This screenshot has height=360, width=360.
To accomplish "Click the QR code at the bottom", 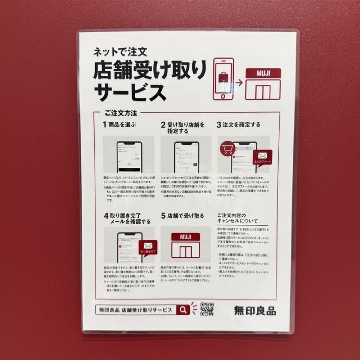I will click(207, 309).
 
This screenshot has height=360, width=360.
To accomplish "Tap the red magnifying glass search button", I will click(183, 310).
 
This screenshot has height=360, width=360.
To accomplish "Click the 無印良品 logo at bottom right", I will click(255, 310).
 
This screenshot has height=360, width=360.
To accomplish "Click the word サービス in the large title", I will click(130, 91).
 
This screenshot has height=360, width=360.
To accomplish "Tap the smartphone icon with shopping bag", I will click(223, 79).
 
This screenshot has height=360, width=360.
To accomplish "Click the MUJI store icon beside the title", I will click(263, 84).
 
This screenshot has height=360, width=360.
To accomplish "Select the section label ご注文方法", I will click(121, 113).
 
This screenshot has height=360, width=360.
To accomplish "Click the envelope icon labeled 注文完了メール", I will click(262, 156).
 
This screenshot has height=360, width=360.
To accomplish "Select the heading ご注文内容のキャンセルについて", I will click(237, 218).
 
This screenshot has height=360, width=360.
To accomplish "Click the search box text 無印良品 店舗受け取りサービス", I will click(135, 310).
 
